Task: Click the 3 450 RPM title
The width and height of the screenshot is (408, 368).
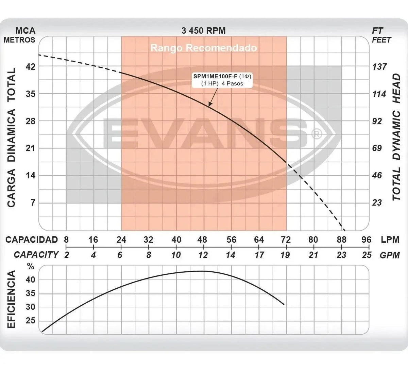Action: point(204,31)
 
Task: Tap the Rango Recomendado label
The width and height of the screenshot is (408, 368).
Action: point(204,48)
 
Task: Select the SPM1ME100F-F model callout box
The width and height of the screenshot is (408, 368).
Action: point(222,80)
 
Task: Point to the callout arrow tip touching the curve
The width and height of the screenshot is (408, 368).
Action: point(209,106)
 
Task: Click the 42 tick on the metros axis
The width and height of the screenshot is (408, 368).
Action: point(31,66)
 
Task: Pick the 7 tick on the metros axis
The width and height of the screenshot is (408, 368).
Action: point(33,203)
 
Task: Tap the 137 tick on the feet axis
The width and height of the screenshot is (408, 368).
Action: point(379,67)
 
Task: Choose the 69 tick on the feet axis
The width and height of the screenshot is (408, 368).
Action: point(377,148)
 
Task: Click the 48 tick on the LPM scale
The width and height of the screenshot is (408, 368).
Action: point(202,240)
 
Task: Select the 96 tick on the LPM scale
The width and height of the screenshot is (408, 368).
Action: point(366,240)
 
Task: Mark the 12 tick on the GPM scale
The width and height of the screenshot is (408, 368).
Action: point(203,255)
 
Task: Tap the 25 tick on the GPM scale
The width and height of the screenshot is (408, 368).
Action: point(367,255)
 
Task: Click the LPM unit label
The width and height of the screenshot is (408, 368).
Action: point(390,240)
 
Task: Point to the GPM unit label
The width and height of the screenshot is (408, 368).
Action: point(390,255)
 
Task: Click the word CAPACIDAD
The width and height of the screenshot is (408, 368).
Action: point(32,240)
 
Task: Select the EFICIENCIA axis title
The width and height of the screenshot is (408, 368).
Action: point(11,299)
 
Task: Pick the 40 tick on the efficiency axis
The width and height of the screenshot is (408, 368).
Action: point(31,280)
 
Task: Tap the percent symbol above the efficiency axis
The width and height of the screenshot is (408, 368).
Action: point(31,267)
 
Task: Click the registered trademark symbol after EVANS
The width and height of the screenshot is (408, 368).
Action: point(317,134)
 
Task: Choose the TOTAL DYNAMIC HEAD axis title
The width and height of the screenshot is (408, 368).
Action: point(396,137)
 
